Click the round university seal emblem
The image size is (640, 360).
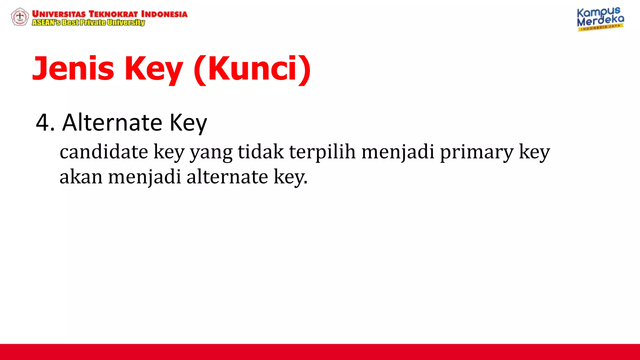[20, 17]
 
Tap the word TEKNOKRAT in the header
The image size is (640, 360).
[113, 14]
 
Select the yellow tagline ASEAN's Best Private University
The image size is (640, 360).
[88, 22]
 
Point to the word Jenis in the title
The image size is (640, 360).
[73, 68]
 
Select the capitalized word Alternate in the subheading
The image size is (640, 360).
[112, 122]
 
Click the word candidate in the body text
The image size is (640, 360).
[104, 152]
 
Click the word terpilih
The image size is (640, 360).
[322, 152]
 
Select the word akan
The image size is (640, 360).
[81, 177]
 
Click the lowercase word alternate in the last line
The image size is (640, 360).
[227, 177]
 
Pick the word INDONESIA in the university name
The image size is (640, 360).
[164, 14]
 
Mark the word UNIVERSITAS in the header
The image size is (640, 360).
[59, 14]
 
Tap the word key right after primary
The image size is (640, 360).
[534, 152]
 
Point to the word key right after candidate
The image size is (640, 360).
[169, 152]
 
